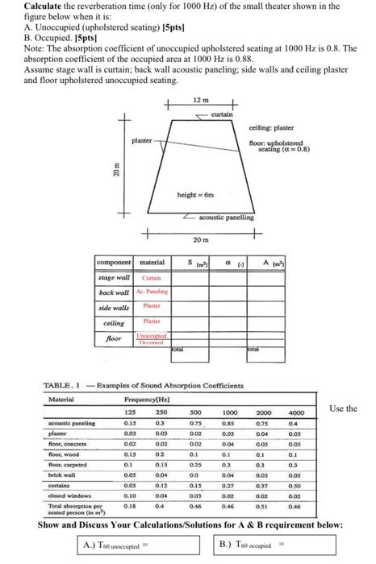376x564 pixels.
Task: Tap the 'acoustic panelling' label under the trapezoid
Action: pyautogui.click(x=224, y=217)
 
